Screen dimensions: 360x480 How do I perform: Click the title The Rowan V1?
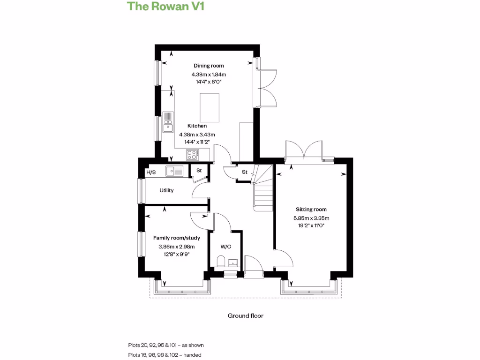(x=159, y=7)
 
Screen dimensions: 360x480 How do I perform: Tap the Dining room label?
(x=209, y=66)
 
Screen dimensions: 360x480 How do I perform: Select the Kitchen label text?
(x=197, y=126)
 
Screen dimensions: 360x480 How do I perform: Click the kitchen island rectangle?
(x=210, y=107)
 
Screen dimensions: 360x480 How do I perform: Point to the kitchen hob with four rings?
(x=191, y=154)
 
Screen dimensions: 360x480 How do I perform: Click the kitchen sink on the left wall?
(x=168, y=121)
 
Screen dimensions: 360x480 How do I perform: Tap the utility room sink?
(x=176, y=171)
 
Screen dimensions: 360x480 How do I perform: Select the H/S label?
(x=151, y=172)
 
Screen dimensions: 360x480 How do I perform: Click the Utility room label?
(x=166, y=190)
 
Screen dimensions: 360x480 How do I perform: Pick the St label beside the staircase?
(x=244, y=172)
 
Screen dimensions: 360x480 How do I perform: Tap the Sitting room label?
(x=311, y=210)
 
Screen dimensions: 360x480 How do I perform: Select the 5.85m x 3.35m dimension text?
(x=311, y=218)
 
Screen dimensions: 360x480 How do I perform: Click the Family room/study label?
(x=177, y=238)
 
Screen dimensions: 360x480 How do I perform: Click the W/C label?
(x=225, y=247)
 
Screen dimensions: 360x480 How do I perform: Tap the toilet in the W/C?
(x=221, y=261)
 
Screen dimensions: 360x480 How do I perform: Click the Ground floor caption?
(x=245, y=315)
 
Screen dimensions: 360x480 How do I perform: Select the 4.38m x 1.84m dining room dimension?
(x=209, y=74)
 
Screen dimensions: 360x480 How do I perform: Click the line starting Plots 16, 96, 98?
(x=165, y=355)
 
